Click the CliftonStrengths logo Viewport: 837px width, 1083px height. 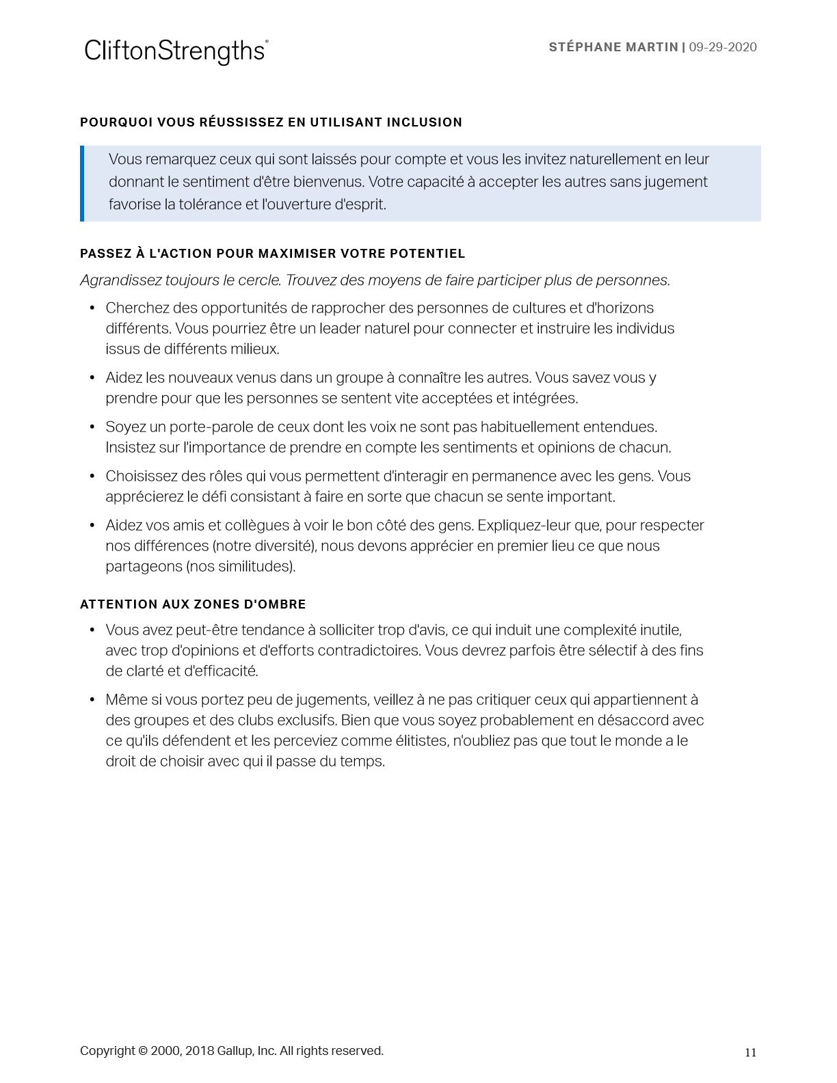(176, 51)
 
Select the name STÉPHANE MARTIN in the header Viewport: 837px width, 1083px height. (613, 47)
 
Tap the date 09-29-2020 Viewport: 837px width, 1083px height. (723, 47)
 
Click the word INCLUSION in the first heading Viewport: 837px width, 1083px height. (424, 122)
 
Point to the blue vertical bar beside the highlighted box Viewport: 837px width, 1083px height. (82, 183)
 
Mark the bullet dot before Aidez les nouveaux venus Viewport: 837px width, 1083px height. (92, 378)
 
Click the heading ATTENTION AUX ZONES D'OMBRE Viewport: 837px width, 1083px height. (193, 604)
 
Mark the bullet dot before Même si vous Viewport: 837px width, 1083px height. (92, 700)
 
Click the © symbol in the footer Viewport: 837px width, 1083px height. (143, 1051)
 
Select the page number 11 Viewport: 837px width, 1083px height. (750, 1053)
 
